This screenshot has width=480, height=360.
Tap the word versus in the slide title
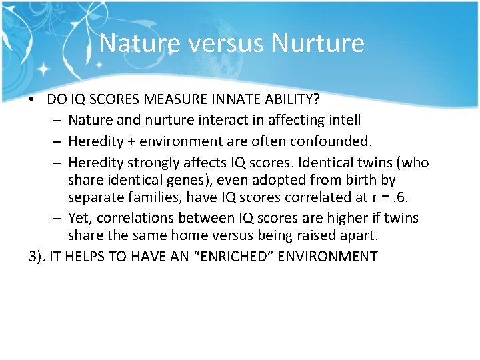click(x=225, y=43)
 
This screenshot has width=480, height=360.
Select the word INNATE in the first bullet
click(x=240, y=99)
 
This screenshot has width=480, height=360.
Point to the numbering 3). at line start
click(x=39, y=257)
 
